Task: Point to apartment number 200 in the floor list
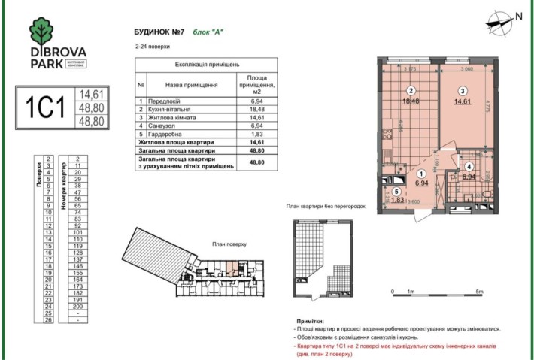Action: coord(77,307)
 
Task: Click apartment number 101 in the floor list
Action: coord(77,232)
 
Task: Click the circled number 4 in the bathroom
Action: coord(469,168)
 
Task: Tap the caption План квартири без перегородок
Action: coord(325,205)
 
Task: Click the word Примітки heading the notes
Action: coord(313,320)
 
